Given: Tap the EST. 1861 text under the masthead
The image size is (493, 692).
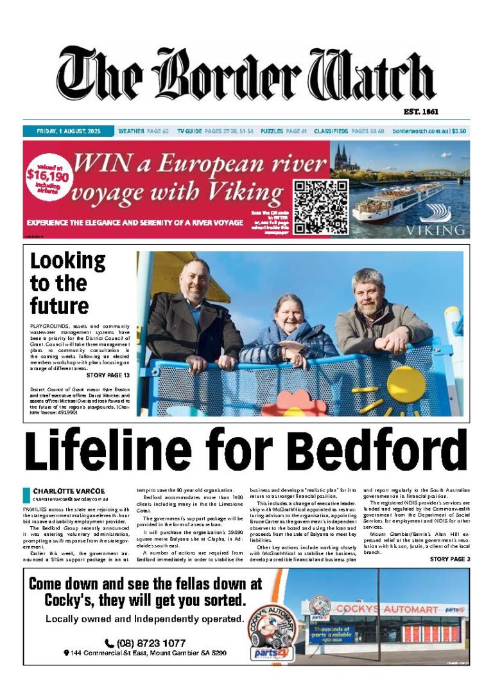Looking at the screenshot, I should pos(421,112).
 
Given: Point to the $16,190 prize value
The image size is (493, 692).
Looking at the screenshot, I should pos(48,174).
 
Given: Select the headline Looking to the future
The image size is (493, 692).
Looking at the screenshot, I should pos(67,283).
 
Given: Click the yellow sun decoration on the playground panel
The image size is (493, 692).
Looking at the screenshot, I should pos(406,384).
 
